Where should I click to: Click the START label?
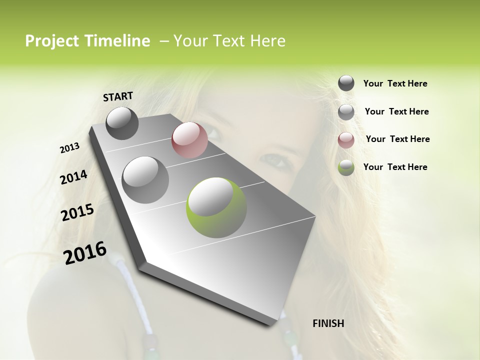(x=118, y=96)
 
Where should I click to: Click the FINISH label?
(x=328, y=323)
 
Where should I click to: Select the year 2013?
(x=69, y=148)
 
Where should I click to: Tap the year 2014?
(x=73, y=177)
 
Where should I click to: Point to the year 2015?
(x=77, y=212)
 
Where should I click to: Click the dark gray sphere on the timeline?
(x=122, y=123)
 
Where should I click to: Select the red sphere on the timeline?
(x=189, y=140)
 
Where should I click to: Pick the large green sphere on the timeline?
(x=216, y=207)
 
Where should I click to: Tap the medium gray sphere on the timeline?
(x=145, y=179)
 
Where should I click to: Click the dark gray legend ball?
(x=346, y=83)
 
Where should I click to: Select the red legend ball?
(x=346, y=139)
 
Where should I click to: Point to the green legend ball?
(x=346, y=167)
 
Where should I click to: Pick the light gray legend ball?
(x=346, y=112)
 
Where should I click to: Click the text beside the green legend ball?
(x=395, y=167)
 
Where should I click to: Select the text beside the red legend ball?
(x=397, y=139)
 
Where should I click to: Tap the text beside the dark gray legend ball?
(x=395, y=83)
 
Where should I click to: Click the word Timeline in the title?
(x=116, y=41)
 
